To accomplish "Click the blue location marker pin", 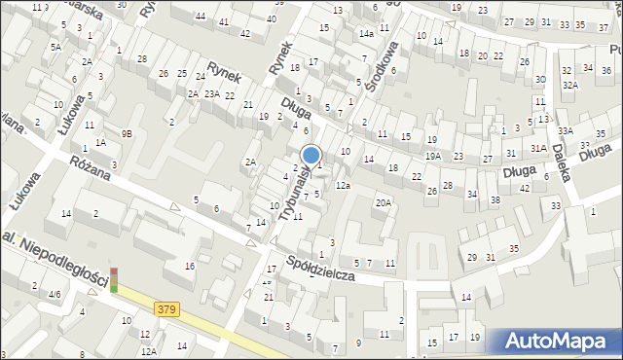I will pyautogui.click(x=311, y=154).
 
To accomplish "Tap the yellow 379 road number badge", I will pyautogui.click(x=166, y=309).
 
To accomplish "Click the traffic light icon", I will pyautogui.click(x=113, y=280).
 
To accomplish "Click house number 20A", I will pyautogui.click(x=384, y=202).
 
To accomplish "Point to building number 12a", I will pyautogui.click(x=342, y=185).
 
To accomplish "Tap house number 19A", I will pyautogui.click(x=432, y=155).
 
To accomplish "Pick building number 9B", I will pyautogui.click(x=127, y=132).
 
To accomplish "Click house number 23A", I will pyautogui.click(x=211, y=93).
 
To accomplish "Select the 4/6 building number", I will pyautogui.click(x=55, y=294).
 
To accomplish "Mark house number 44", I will pyautogui.click(x=200, y=17).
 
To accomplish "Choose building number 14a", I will pyautogui.click(x=365, y=33).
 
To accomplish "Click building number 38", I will pyautogui.click(x=495, y=199).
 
